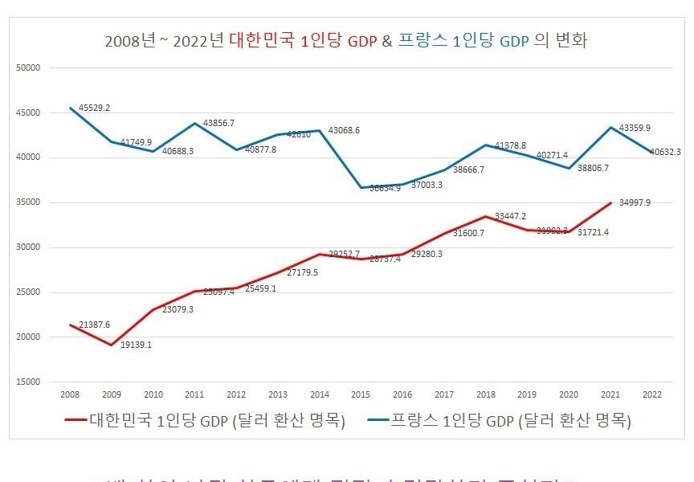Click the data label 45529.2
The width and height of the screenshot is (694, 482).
click(x=94, y=108)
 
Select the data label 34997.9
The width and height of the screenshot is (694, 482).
click(x=634, y=202)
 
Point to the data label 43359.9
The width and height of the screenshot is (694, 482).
click(x=634, y=128)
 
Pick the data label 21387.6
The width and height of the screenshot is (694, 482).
click(x=94, y=325)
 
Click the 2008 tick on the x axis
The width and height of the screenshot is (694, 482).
click(x=71, y=394)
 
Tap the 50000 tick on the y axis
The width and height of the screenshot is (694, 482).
click(x=28, y=67)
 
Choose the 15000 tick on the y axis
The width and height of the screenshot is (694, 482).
click(x=28, y=382)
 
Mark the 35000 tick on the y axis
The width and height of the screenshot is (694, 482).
click(x=28, y=202)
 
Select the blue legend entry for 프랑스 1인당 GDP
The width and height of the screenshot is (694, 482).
click(x=498, y=420)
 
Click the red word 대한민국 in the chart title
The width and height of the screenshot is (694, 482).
click(x=262, y=39)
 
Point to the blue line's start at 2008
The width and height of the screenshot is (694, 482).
click(x=71, y=108)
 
